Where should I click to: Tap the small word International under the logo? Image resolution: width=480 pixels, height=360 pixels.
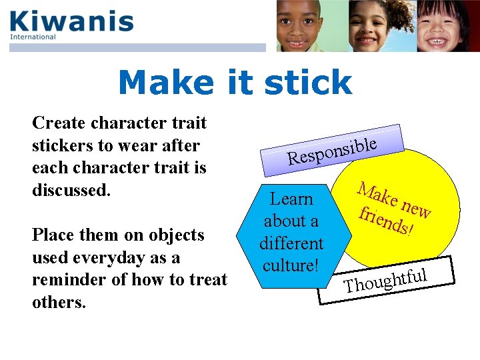pyautogui.click(x=33, y=37)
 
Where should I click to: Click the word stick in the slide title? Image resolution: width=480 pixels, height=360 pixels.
pyautogui.click(x=307, y=83)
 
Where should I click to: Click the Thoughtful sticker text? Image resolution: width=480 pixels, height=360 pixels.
pyautogui.click(x=385, y=279)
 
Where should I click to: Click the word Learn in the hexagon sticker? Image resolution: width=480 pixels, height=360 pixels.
pyautogui.click(x=291, y=199)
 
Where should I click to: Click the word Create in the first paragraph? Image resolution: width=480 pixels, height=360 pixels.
pyautogui.click(x=59, y=123)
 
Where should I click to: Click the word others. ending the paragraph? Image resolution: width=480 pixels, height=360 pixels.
pyautogui.click(x=59, y=302)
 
